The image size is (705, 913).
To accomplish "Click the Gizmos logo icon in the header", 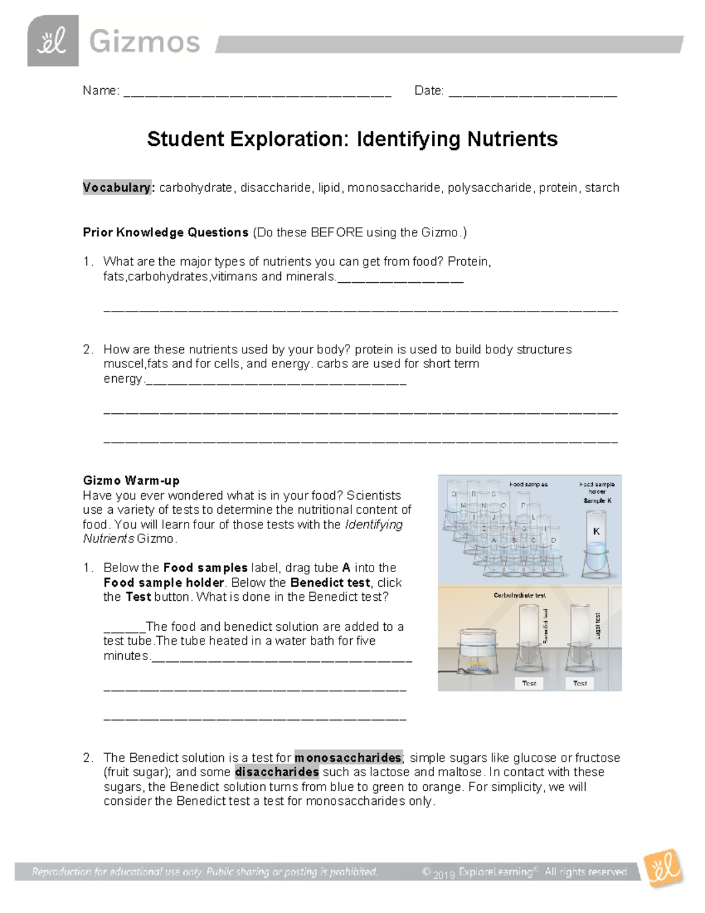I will coord(52,41).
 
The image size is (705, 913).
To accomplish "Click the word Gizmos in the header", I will coord(145,42).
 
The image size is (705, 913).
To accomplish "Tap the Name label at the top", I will coord(100,91).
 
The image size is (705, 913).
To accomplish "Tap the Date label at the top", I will coord(428,91).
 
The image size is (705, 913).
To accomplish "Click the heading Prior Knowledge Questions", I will coord(166,232).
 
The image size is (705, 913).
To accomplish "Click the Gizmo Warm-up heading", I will coord(131,480).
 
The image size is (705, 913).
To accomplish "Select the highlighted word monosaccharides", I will coord(348,757).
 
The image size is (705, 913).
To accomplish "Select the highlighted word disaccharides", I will coord(277,772).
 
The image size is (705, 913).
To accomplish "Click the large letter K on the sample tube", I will coord(596,531).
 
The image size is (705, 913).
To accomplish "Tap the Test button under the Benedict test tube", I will coord(529,683).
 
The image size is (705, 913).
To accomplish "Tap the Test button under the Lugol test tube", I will coord(580,683).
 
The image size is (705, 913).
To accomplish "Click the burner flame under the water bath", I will coord(477,665).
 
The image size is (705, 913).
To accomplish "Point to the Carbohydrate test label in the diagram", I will coord(519,595).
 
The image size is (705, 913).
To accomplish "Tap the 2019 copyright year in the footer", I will coord(444,875).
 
